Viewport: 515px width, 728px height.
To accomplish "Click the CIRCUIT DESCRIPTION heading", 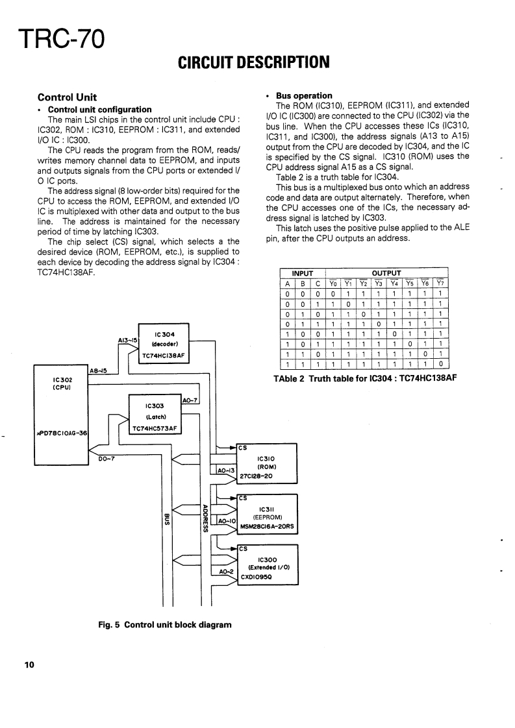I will click(x=254, y=62).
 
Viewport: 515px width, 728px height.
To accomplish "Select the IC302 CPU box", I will click(x=61, y=415).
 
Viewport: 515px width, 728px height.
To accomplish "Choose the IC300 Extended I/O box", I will click(x=268, y=566).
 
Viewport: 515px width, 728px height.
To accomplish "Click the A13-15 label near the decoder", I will click(x=127, y=339).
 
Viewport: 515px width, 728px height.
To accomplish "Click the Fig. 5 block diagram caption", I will click(x=164, y=625).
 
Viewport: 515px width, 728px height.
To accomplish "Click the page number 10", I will click(x=29, y=665).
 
